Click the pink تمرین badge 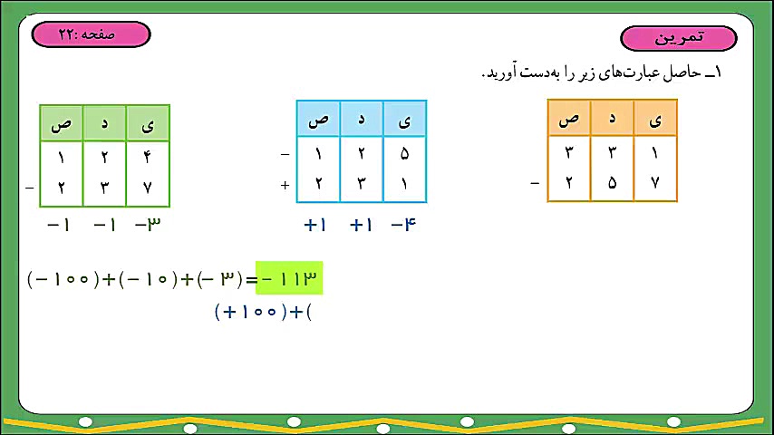coord(679,38)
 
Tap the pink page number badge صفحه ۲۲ coord(91,34)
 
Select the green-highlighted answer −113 coord(290,278)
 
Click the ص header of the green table coord(61,123)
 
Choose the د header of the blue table coord(361,119)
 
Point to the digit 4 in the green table coord(148,157)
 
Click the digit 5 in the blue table coord(404,153)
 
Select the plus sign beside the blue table coord(285,184)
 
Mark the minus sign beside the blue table coord(285,154)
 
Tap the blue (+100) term coord(250,313)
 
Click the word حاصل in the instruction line coord(670,73)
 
